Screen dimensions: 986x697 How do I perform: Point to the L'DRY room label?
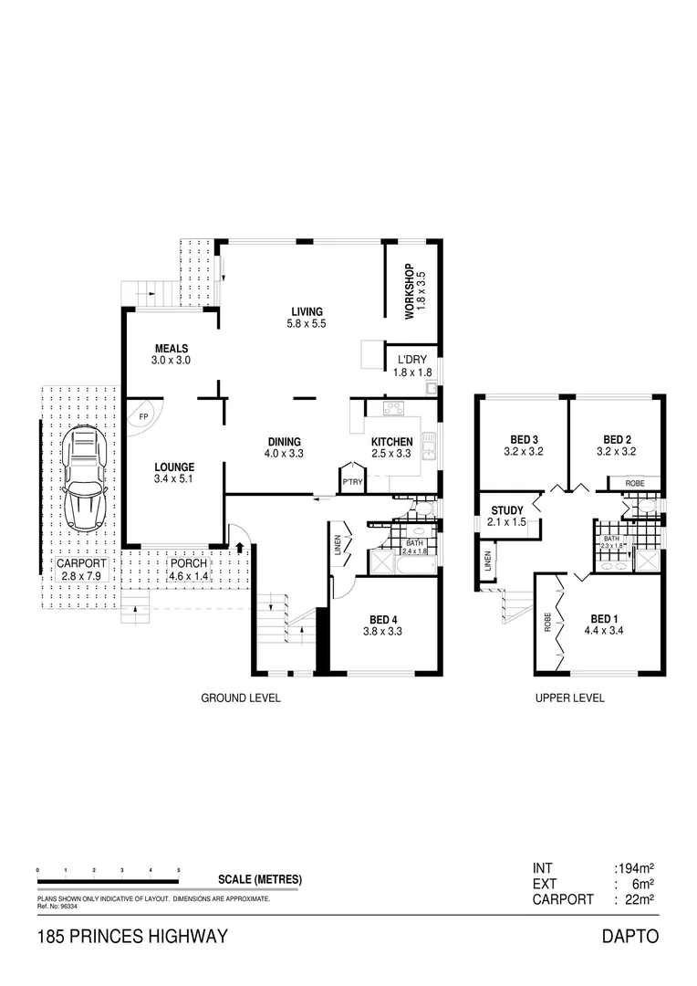click(411, 360)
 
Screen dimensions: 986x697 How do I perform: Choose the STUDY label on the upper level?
click(507, 510)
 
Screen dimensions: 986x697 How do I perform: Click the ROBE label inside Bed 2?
click(637, 483)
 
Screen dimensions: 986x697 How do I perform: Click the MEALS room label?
click(172, 349)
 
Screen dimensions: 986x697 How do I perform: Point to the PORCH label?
click(189, 563)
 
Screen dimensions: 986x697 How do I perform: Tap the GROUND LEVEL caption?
click(240, 698)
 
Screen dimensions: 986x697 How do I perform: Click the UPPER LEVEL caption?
click(569, 698)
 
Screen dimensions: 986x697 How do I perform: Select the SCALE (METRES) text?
click(260, 880)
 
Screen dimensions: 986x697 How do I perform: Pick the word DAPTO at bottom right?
click(629, 937)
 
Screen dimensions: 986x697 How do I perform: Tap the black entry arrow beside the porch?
click(239, 548)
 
